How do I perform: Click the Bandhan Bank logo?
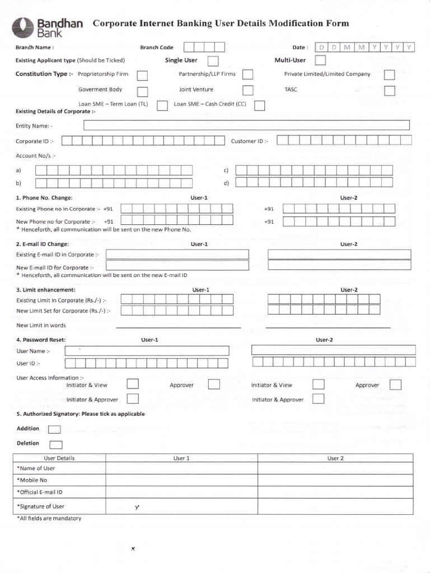pyautogui.click(x=50, y=26)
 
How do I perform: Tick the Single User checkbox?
pyautogui.click(x=213, y=61)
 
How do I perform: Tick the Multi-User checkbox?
pyautogui.click(x=320, y=60)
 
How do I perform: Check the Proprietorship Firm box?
pyautogui.click(x=143, y=75)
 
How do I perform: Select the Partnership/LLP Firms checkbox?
pyautogui.click(x=247, y=74)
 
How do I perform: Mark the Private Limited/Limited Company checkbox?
pyautogui.click(x=390, y=75)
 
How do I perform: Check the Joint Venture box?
pyautogui.click(x=247, y=90)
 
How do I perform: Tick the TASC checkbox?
pyautogui.click(x=390, y=91)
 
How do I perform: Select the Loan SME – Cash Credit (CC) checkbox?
pyautogui.click(x=259, y=105)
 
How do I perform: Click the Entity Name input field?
pyautogui.click(x=246, y=125)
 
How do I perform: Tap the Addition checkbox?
pyautogui.click(x=54, y=429)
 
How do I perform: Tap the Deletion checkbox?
pyautogui.click(x=55, y=445)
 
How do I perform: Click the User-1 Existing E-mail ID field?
pyautogui.click(x=177, y=255)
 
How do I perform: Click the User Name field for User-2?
pyautogui.click(x=334, y=350)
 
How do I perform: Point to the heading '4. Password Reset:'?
pyautogui.click(x=41, y=340)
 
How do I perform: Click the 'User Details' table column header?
pyautogui.click(x=59, y=458)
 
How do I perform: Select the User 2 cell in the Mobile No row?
pyautogui.click(x=335, y=480)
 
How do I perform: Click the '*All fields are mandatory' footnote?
pyautogui.click(x=49, y=518)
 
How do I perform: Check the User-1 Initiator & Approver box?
pyautogui.click(x=133, y=399)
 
